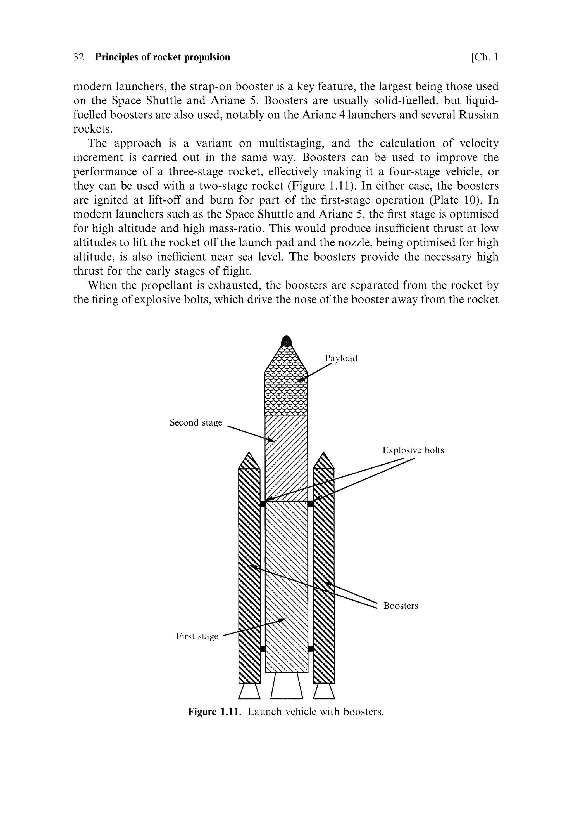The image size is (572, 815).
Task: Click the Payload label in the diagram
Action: pos(341,358)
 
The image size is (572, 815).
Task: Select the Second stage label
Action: pos(196,422)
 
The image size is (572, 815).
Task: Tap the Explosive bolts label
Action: pos(413,450)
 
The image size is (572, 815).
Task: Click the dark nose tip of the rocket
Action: pos(286,341)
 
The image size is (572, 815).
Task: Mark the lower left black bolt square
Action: pos(263,649)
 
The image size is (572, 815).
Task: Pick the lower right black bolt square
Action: pos(311,649)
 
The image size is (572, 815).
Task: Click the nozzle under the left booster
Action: pos(249,691)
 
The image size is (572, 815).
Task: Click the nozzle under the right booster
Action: pos(324,691)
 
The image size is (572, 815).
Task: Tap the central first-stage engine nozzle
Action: pos(287,686)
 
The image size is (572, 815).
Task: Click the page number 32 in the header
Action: pos(78,57)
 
